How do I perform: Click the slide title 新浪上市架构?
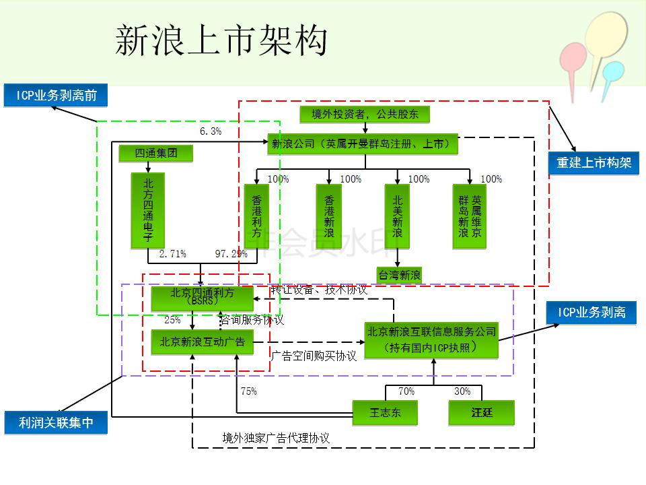click(221, 41)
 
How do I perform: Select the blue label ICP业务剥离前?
click(56, 95)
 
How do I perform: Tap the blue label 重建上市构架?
click(594, 162)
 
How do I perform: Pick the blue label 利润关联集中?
click(56, 423)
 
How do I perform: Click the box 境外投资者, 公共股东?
click(365, 115)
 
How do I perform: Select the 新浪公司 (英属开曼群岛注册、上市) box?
click(363, 143)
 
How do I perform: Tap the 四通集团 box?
click(156, 154)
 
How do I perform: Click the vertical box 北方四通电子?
click(148, 210)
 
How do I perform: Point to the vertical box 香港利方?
click(256, 216)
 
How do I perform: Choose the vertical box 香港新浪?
click(329, 216)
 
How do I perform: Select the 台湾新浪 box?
click(399, 275)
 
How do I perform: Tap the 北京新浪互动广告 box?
click(202, 342)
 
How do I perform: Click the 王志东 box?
click(385, 412)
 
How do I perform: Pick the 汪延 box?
click(482, 412)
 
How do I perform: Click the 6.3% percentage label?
click(211, 131)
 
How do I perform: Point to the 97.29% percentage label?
click(231, 254)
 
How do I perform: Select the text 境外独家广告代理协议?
click(276, 438)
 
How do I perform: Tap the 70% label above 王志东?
click(406, 391)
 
